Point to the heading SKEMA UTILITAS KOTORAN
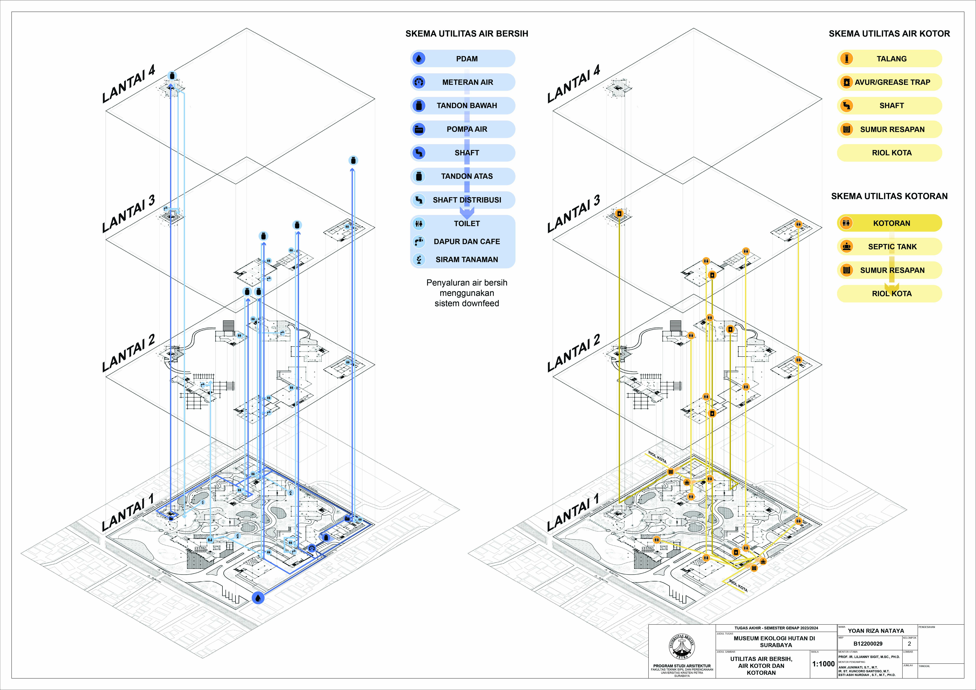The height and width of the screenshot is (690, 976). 889,196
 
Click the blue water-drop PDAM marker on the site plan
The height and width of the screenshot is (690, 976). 258,598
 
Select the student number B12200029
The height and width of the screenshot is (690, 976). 868,644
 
